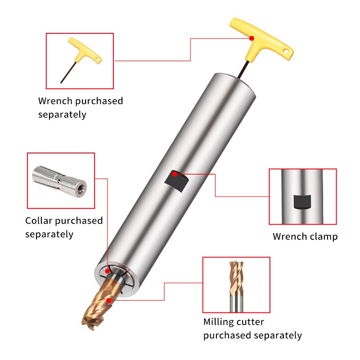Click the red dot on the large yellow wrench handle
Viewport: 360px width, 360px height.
tap(252, 38)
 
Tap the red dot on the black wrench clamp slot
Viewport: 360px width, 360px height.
tap(175, 174)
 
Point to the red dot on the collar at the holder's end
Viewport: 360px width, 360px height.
tap(107, 271)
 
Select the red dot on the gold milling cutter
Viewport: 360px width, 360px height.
tap(109, 300)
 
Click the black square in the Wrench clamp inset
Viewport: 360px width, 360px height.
tap(302, 202)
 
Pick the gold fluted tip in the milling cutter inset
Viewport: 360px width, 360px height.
tap(236, 279)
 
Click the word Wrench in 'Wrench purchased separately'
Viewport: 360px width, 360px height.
tap(55, 101)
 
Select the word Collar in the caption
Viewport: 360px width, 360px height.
tap(39, 220)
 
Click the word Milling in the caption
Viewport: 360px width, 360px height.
tap(218, 322)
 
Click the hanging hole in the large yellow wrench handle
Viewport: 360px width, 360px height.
tap(286, 51)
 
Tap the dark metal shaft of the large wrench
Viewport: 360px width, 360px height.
tap(243, 69)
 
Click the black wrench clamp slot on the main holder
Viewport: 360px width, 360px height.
tap(177, 181)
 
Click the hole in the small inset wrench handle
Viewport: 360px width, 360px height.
tap(97, 59)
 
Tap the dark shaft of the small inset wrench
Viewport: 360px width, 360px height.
tap(68, 72)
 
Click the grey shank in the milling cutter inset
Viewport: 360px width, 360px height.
tap(237, 304)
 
